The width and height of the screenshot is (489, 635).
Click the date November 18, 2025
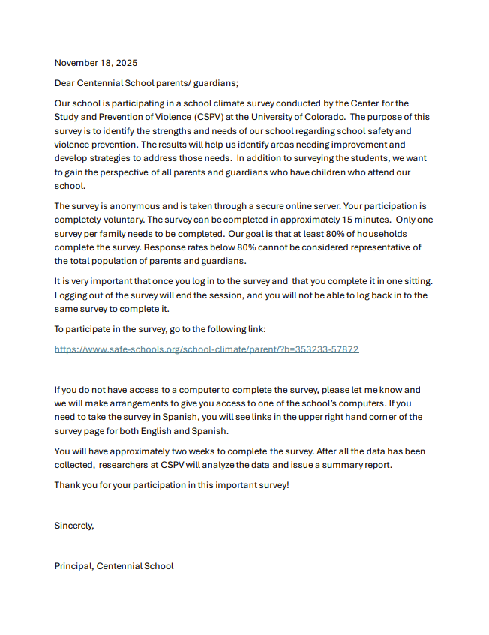pos(96,63)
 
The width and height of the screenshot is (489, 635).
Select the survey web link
pos(206,349)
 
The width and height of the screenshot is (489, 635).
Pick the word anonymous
pos(129,206)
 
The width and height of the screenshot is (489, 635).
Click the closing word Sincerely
pos(74,526)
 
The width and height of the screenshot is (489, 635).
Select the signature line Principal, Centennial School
pos(114,566)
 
